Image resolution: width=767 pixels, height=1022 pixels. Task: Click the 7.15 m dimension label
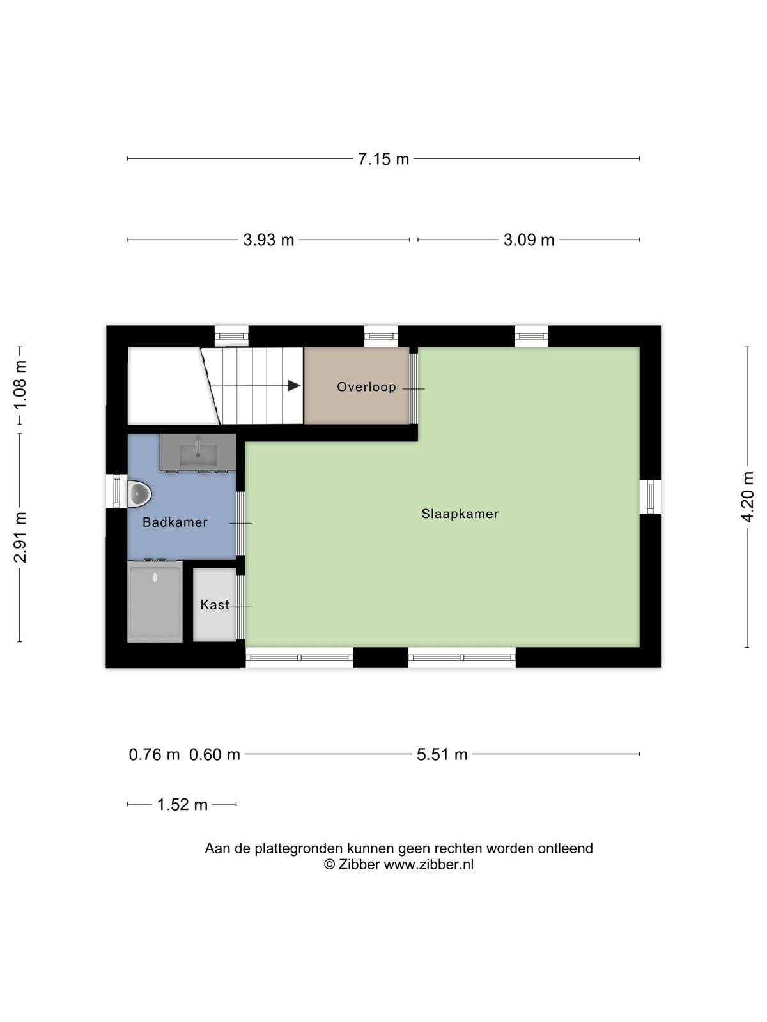tap(383, 159)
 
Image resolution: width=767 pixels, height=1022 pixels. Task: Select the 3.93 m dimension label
tap(268, 240)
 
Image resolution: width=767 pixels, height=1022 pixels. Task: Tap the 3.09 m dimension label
tap(529, 240)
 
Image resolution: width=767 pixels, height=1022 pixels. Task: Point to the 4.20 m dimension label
tap(747, 497)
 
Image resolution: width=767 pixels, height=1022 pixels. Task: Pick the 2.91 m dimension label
tap(20, 537)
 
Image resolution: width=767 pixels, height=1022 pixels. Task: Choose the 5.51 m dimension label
tap(442, 754)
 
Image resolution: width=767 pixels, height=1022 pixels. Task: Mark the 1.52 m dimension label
tap(182, 805)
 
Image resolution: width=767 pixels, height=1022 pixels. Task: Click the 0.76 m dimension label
tap(154, 754)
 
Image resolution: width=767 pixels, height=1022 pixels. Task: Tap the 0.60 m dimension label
tap(214, 754)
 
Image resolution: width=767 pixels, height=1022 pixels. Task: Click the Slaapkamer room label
tap(460, 514)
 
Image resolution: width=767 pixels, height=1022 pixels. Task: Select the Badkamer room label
tap(175, 522)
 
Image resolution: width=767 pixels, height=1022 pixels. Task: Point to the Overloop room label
tap(366, 386)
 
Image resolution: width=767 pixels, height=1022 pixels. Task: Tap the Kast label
tap(215, 604)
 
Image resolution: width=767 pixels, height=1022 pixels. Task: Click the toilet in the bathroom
tap(139, 494)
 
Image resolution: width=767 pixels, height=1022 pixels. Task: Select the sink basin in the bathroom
tap(198, 455)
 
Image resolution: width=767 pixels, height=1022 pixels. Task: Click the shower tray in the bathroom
tap(155, 602)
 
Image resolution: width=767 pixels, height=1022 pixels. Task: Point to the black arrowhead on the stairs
tap(294, 386)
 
